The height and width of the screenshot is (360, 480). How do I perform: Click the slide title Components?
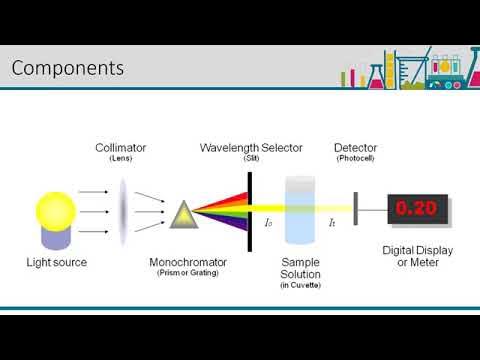point(68,68)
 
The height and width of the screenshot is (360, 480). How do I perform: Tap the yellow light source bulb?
point(56,210)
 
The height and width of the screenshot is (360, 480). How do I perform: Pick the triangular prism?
point(184,214)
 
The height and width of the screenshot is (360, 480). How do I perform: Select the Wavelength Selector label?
point(251,148)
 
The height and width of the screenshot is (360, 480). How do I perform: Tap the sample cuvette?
point(299,210)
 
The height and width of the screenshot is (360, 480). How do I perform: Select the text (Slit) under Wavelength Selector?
point(251,159)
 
